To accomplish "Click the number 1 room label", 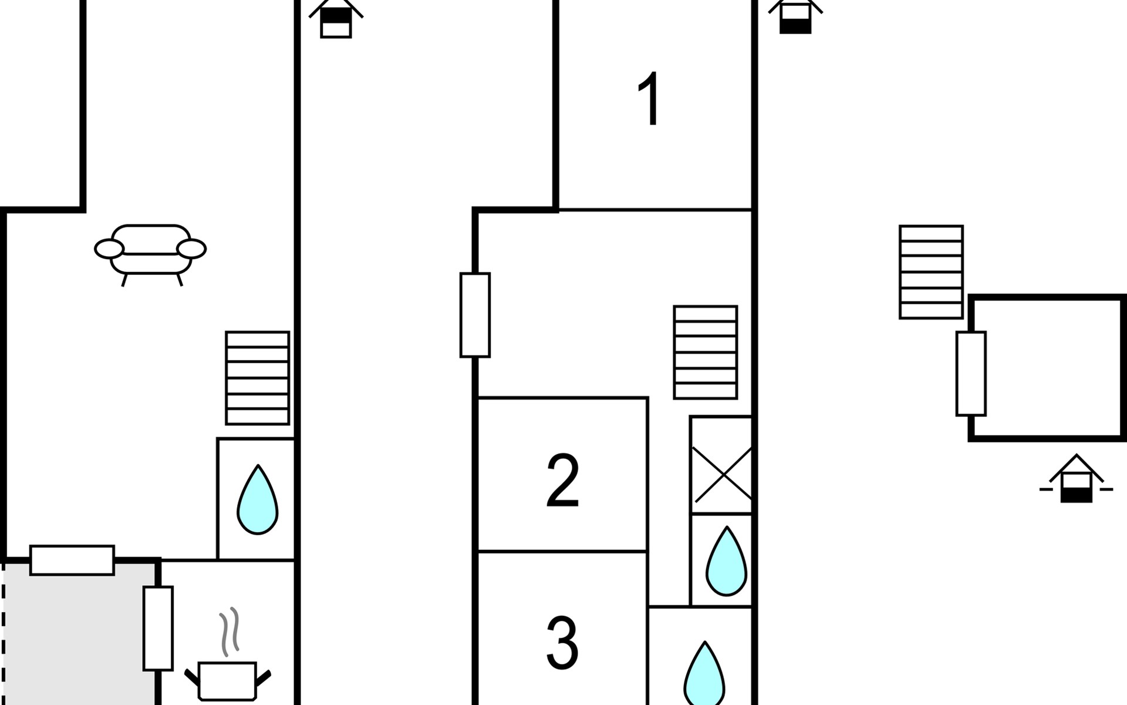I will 650,99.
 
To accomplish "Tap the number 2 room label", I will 562,481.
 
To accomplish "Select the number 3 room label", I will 562,643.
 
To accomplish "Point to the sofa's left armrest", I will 109,249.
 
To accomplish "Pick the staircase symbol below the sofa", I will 258,378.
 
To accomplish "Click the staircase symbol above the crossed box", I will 705,352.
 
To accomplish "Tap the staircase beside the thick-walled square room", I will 931,272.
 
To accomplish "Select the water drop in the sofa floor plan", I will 258,500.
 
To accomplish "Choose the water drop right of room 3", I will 704,676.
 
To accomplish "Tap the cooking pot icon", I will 228,680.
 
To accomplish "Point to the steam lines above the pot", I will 230,632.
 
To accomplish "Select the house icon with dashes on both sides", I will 1076,479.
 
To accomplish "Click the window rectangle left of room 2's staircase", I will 475,315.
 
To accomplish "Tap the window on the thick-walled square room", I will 971,374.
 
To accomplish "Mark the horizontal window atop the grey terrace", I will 72,560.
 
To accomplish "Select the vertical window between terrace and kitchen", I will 158,628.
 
